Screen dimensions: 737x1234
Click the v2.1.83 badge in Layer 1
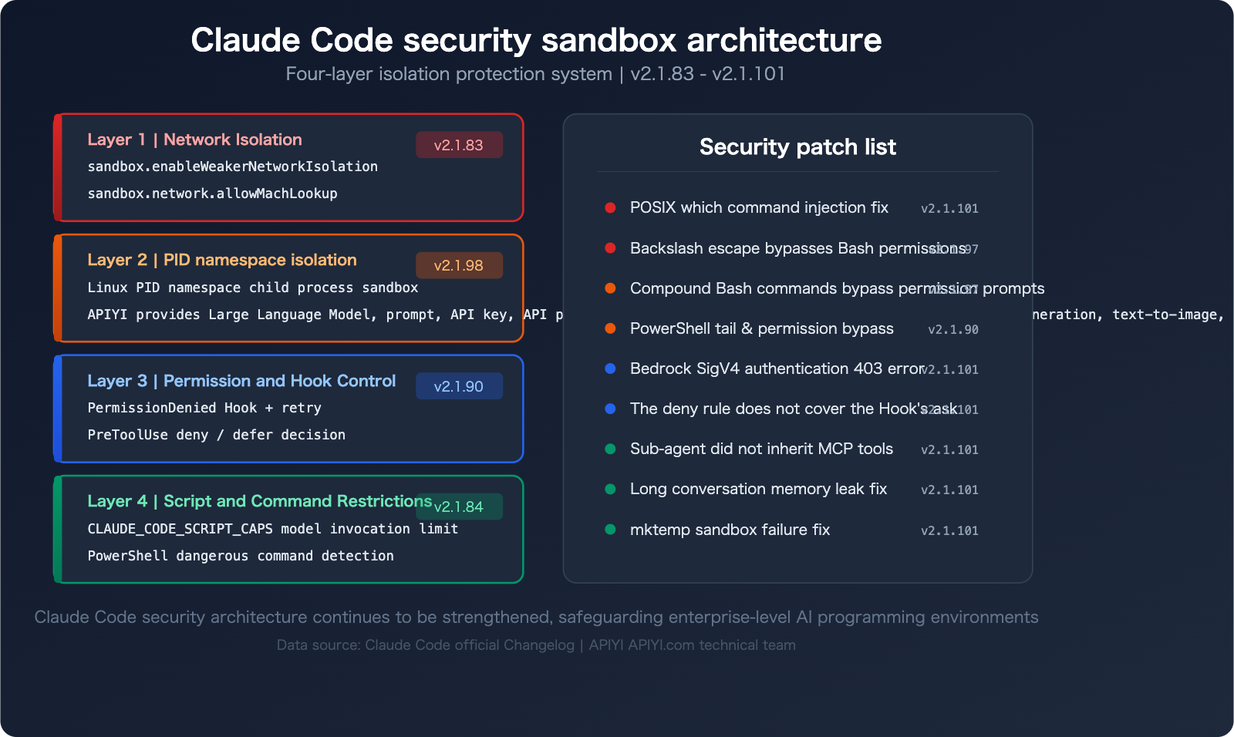(459, 145)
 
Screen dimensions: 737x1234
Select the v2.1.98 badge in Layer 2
(459, 265)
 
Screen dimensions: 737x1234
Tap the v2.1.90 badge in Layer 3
(459, 386)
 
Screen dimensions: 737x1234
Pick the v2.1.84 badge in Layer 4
(459, 506)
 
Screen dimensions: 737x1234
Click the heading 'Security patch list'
(797, 146)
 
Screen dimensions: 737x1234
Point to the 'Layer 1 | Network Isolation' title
(194, 140)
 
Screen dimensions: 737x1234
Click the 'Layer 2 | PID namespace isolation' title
(222, 260)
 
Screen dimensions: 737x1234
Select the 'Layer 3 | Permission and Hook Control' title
(241, 381)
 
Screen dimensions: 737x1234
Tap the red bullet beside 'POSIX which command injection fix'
(610, 207)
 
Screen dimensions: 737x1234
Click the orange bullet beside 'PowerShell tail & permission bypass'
(610, 328)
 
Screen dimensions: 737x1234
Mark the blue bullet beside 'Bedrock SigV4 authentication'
(610, 368)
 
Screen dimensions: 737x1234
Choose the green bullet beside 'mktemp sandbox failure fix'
(610, 530)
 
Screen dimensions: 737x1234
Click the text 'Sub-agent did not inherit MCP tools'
(761, 449)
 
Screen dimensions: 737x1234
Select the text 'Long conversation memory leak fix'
(758, 489)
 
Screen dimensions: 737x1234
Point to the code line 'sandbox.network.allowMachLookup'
(212, 194)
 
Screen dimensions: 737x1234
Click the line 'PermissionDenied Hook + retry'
(204, 408)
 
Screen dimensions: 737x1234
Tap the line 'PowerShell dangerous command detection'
(241, 556)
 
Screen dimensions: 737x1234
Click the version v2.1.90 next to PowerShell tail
(953, 329)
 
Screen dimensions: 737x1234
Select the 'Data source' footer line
(536, 645)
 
